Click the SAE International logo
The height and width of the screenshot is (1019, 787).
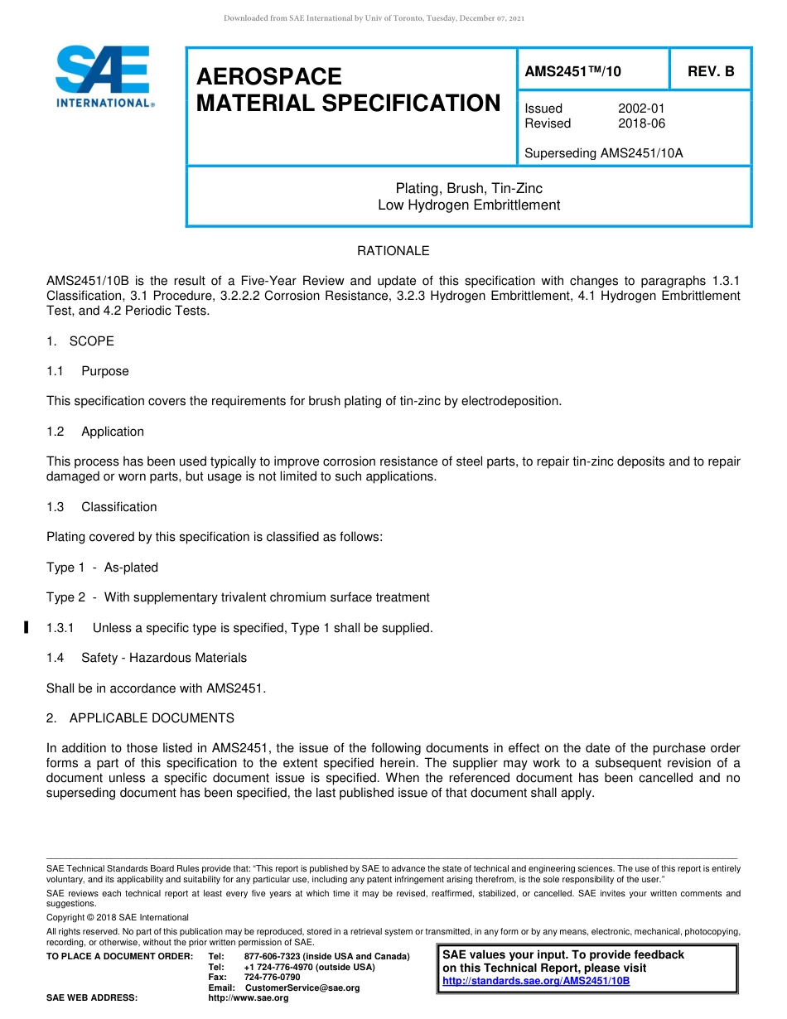(x=104, y=76)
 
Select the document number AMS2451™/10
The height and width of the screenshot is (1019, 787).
(x=572, y=72)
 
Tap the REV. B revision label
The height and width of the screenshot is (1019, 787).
(x=710, y=72)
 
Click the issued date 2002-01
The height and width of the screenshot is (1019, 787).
(x=641, y=109)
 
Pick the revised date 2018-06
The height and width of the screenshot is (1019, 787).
(x=641, y=123)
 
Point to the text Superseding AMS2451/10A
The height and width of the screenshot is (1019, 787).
(x=604, y=153)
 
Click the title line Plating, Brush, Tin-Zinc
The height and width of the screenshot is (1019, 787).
(x=469, y=189)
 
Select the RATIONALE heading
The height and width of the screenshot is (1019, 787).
(x=393, y=251)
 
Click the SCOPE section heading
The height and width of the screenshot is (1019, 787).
(x=91, y=341)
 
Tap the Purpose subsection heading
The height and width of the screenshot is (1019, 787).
(x=104, y=371)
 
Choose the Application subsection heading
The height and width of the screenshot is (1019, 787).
(x=112, y=432)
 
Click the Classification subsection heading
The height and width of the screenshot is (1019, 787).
(x=118, y=507)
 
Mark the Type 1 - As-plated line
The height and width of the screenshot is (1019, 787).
(x=102, y=567)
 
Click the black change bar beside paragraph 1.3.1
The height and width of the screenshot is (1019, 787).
(x=27, y=628)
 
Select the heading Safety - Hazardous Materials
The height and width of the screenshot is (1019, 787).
(x=163, y=658)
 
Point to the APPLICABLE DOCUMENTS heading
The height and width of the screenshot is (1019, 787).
(x=152, y=718)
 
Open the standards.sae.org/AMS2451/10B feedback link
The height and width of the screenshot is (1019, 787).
(x=536, y=981)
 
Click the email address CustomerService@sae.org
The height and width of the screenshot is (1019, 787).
(x=302, y=988)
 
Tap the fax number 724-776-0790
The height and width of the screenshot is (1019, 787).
(x=272, y=978)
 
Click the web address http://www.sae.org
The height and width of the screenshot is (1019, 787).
(x=249, y=997)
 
